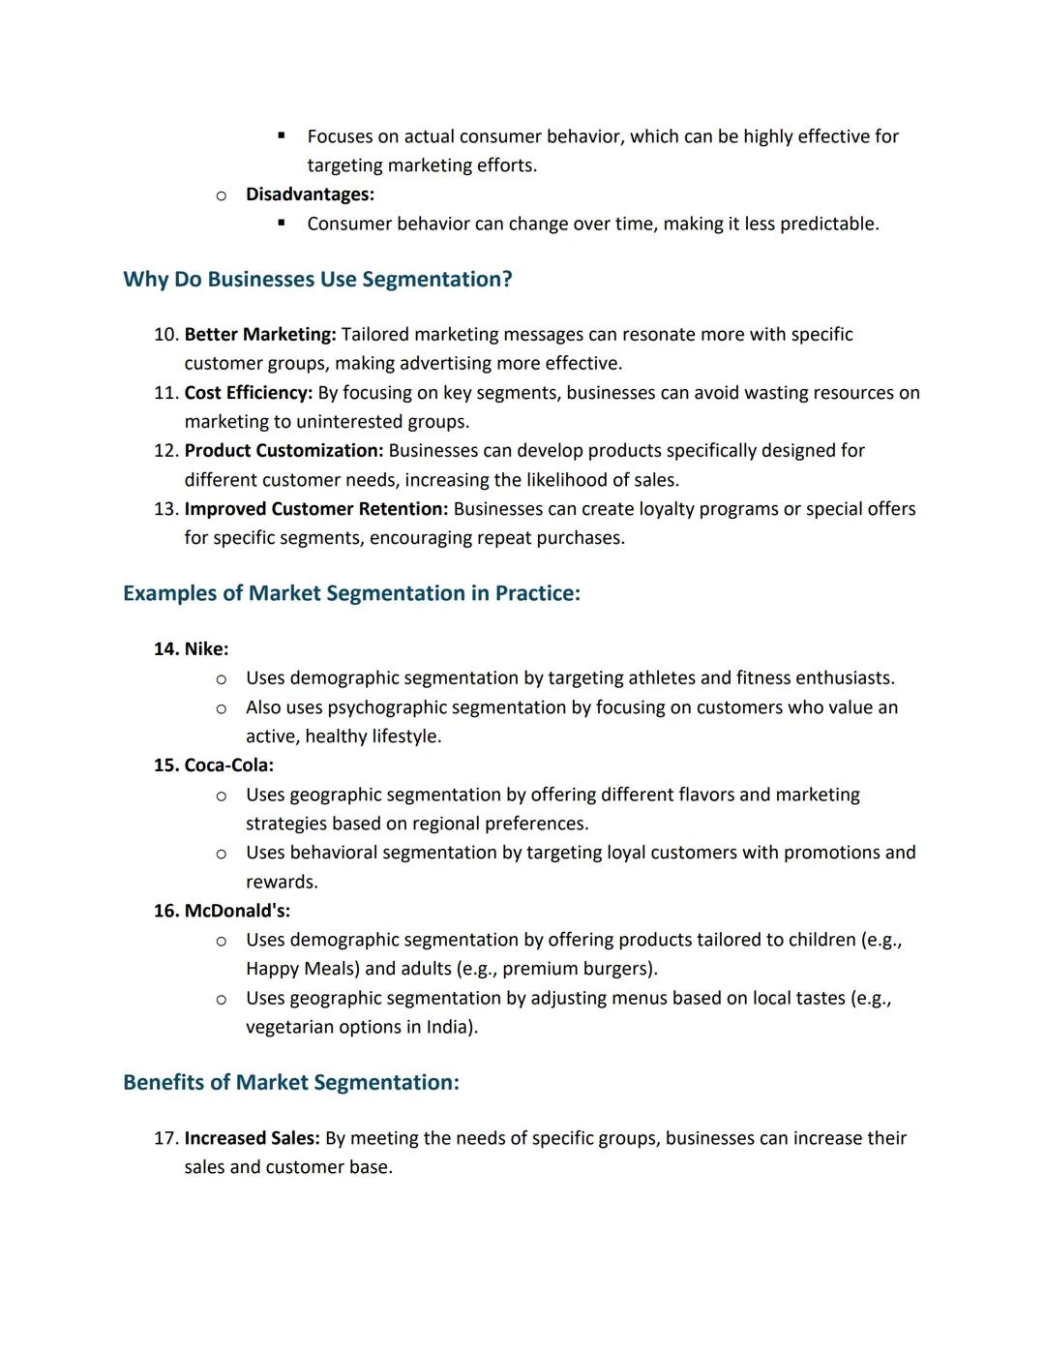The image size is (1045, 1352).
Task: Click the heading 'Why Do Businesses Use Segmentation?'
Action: pyautogui.click(x=317, y=280)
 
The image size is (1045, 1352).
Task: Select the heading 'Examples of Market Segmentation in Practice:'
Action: pyautogui.click(x=351, y=593)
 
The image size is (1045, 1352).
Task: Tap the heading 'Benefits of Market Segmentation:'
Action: pyautogui.click(x=291, y=1082)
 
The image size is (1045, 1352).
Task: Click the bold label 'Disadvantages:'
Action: pyautogui.click(x=310, y=195)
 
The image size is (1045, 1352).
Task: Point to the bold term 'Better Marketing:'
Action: pyautogui.click(x=260, y=335)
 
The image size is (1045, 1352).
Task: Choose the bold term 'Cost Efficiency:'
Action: pyautogui.click(x=249, y=393)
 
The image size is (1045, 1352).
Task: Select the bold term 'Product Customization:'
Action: pyautogui.click(x=284, y=451)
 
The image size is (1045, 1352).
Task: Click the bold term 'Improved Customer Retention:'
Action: pyautogui.click(x=316, y=509)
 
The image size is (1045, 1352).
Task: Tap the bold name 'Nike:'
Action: pyautogui.click(x=206, y=649)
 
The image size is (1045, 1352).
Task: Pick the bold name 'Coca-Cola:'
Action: pyautogui.click(x=228, y=766)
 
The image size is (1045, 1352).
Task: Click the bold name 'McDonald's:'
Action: pyautogui.click(x=237, y=911)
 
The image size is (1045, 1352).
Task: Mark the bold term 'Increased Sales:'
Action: pyautogui.click(x=252, y=1138)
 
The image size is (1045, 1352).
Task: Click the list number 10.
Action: pyautogui.click(x=165, y=335)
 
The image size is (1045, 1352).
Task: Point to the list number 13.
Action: pyautogui.click(x=165, y=509)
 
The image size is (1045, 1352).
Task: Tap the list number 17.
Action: pyautogui.click(x=165, y=1138)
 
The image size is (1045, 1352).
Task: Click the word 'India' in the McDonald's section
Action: pyautogui.click(x=447, y=1027)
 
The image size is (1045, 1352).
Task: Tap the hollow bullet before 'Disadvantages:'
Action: pyautogui.click(x=222, y=195)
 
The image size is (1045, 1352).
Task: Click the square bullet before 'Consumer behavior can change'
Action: pyautogui.click(x=282, y=223)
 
